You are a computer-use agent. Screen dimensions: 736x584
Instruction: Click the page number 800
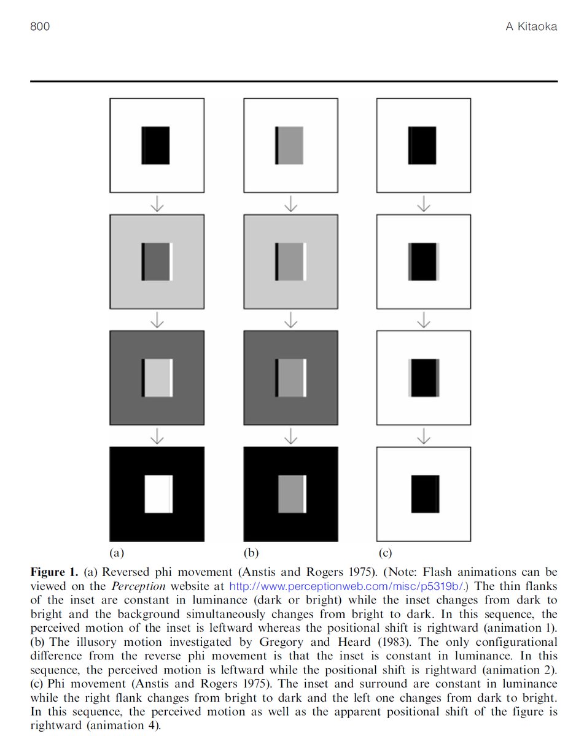tap(40, 27)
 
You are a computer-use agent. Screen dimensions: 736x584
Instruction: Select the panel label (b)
tap(251, 553)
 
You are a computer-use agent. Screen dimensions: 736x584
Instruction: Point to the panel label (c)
tap(385, 553)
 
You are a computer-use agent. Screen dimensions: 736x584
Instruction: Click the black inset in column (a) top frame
tap(155, 145)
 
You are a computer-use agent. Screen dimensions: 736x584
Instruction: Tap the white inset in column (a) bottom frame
tap(157, 494)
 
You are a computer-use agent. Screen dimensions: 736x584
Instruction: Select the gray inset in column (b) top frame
tap(292, 145)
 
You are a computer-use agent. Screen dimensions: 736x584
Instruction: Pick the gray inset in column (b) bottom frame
tap(292, 494)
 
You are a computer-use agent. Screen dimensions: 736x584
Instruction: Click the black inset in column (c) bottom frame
tap(424, 494)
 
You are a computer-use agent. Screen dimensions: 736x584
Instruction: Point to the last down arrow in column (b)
tap(290, 436)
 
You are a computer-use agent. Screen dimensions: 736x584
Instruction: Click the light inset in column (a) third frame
tap(157, 378)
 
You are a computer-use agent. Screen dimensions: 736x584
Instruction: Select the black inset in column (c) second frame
tap(423, 261)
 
